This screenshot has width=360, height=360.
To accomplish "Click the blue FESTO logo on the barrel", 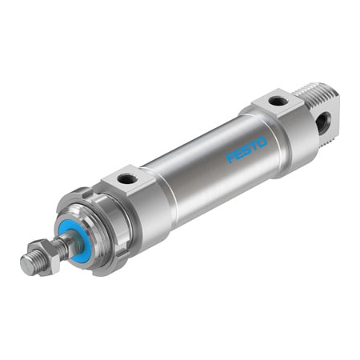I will click(246, 149).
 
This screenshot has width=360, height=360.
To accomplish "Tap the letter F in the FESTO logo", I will click(231, 158).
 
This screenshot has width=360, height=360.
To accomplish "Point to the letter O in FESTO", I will click(262, 141).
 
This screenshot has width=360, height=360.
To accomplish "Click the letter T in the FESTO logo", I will click(254, 145).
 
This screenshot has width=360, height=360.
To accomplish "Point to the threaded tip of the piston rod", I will click(29, 263).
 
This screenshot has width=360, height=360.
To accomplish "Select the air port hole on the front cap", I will click(127, 178).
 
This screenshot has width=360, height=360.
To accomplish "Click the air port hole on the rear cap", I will click(276, 102).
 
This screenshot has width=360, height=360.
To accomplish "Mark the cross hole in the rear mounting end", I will click(323, 122).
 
